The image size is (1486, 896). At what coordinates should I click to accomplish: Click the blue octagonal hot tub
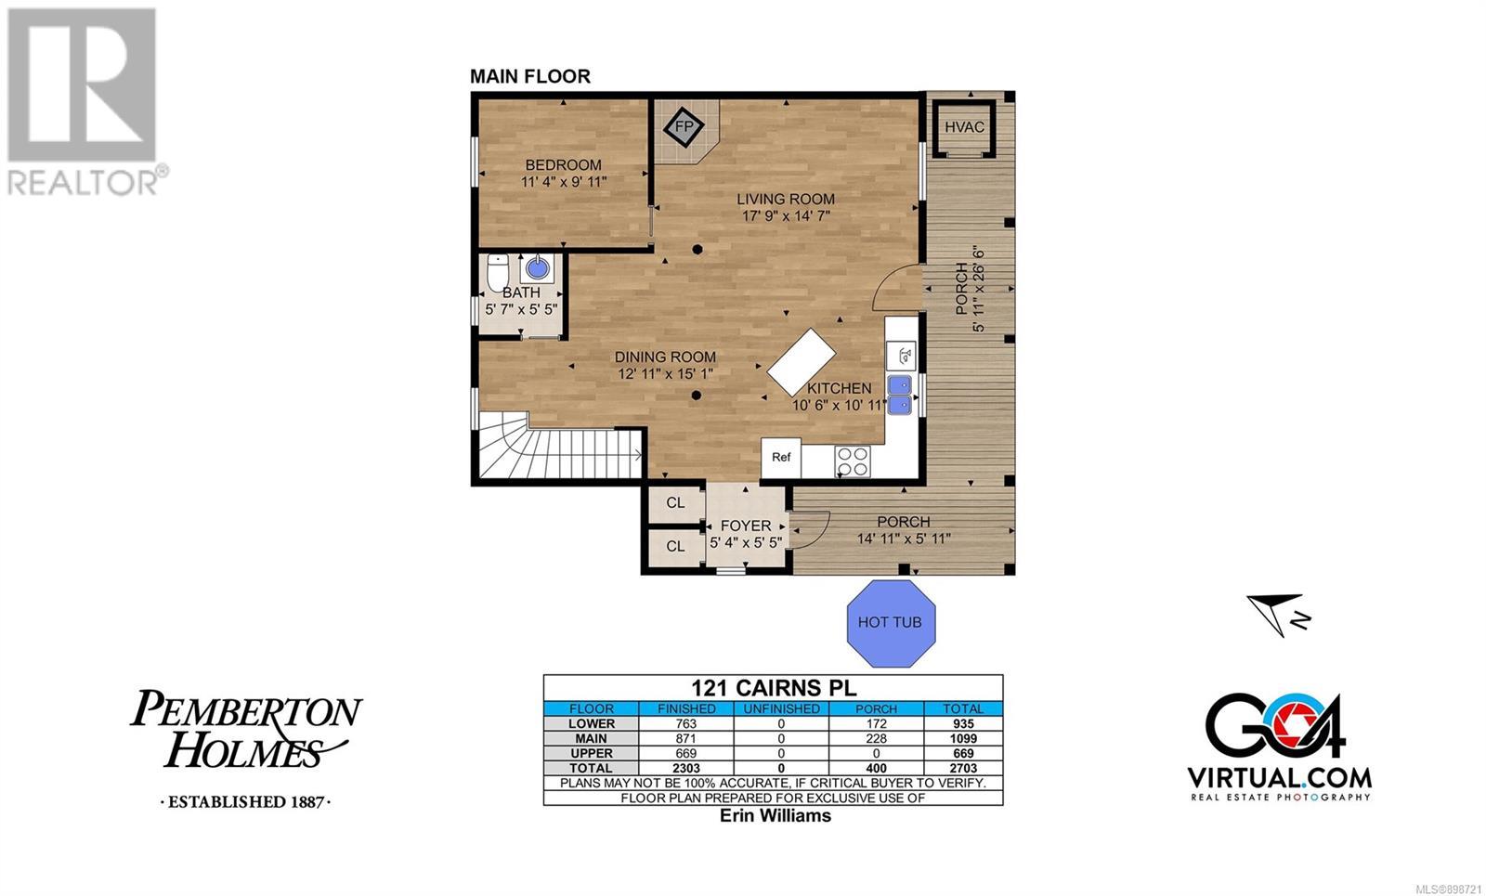[891, 623]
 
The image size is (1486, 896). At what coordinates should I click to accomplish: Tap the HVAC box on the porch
[964, 128]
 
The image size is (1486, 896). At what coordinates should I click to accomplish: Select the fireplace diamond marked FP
[684, 126]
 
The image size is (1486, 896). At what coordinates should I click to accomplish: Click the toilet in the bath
[498, 273]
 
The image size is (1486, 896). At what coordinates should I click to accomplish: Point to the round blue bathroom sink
[538, 268]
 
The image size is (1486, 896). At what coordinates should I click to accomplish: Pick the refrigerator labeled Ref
[781, 458]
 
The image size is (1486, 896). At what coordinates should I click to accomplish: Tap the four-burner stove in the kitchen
[853, 461]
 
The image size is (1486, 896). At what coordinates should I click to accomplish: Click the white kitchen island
[802, 362]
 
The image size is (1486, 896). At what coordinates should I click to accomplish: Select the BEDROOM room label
[563, 164]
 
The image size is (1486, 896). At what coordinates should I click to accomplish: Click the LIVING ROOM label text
[786, 199]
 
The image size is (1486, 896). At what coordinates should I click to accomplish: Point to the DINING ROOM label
[665, 357]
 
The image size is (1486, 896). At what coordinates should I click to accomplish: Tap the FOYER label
[746, 526]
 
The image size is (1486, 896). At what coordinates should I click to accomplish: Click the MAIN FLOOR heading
[530, 76]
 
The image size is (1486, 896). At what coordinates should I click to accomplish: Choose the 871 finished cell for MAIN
[686, 738]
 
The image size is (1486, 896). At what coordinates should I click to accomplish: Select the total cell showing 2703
[963, 768]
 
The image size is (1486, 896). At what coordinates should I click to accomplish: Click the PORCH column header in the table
[877, 708]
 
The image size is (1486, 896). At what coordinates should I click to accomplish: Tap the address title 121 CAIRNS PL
[775, 687]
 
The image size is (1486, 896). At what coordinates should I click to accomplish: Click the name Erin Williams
[776, 815]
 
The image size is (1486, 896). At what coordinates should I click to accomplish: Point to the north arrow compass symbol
[1278, 615]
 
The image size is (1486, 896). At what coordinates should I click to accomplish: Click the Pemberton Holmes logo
[246, 747]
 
